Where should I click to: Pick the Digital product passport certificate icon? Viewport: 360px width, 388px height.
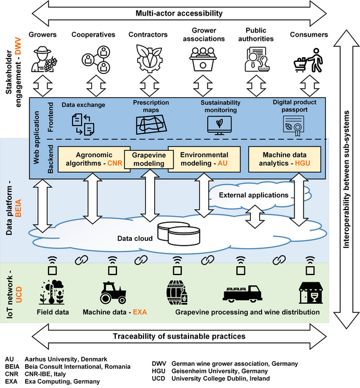pos(293,124)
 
